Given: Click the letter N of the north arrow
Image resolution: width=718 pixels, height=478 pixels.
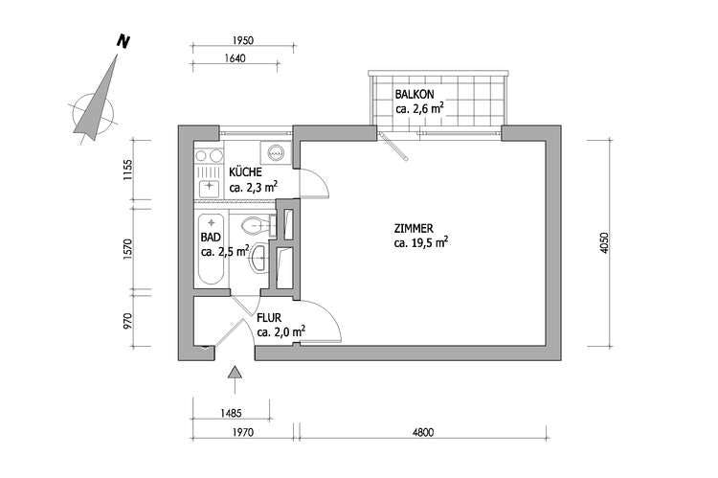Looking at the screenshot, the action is (x=123, y=41).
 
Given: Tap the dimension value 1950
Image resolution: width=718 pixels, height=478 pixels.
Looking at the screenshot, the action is (x=243, y=40).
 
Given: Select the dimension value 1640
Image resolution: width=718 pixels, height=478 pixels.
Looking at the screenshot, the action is (x=235, y=58).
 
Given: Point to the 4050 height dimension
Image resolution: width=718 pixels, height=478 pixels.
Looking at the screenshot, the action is (x=604, y=243).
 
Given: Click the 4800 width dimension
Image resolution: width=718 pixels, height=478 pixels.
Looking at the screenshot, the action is (x=422, y=432).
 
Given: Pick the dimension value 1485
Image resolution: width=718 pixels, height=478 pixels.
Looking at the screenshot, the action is (x=231, y=413).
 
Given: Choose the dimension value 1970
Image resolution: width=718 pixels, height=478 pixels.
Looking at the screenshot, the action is (x=243, y=432).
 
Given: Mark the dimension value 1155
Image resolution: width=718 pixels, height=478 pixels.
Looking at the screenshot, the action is (x=127, y=170).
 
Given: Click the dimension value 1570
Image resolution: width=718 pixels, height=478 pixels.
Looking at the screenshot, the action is (x=127, y=249).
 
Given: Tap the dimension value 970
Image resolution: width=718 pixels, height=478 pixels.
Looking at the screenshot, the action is (x=127, y=321).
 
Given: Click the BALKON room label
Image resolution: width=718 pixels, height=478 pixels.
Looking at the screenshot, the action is (x=415, y=95).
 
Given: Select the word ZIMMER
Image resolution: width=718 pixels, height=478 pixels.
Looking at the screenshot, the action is (x=414, y=228).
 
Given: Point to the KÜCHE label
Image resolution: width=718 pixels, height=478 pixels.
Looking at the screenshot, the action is (x=245, y=172).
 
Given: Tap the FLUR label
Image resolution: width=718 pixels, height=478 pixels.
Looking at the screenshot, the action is (x=269, y=318).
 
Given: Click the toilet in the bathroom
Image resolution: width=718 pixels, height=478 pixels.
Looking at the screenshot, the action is (x=258, y=224).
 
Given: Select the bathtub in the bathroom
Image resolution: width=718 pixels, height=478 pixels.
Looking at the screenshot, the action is (x=212, y=249).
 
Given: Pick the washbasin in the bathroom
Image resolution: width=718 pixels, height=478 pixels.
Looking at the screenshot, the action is (x=258, y=260).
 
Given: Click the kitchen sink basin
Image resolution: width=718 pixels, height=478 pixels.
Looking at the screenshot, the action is (x=210, y=187).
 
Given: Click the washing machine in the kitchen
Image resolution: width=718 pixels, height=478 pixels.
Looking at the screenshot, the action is (x=275, y=152).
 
